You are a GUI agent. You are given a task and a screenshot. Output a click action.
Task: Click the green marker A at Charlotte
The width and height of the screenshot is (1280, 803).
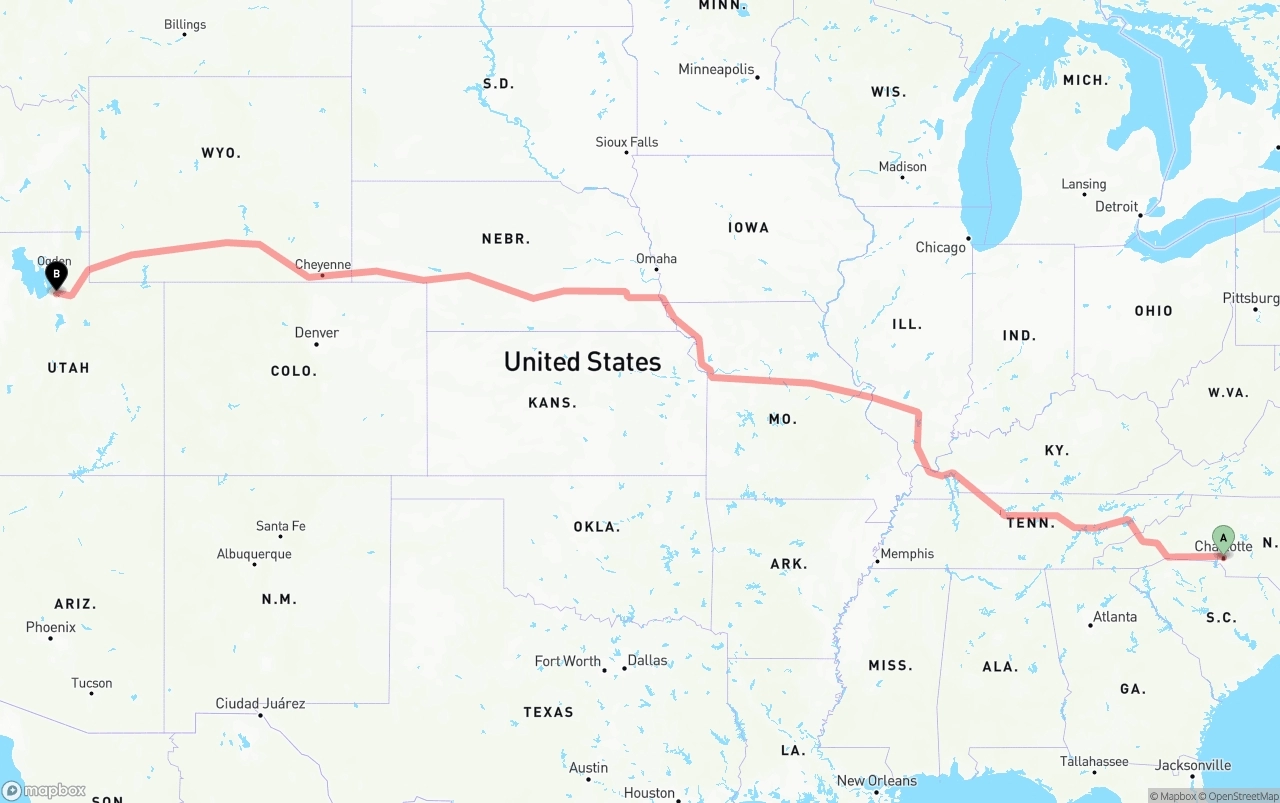pyautogui.click(x=1223, y=538)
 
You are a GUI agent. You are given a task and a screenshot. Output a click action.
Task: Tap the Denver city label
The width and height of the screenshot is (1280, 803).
pyautogui.click(x=316, y=333)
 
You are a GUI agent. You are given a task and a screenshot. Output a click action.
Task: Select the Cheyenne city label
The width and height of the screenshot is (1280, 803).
pyautogui.click(x=322, y=265)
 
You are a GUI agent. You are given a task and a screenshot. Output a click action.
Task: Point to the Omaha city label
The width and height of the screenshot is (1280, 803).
pyautogui.click(x=656, y=259)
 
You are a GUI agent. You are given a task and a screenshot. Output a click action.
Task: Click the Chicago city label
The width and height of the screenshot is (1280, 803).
pyautogui.click(x=941, y=247)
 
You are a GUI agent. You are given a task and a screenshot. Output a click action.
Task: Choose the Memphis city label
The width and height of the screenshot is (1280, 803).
pyautogui.click(x=907, y=554)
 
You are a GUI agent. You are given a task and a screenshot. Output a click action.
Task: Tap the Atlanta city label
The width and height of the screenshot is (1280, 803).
pyautogui.click(x=1114, y=617)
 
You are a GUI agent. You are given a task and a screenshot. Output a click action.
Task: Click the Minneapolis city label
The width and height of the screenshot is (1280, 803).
pyautogui.click(x=716, y=70)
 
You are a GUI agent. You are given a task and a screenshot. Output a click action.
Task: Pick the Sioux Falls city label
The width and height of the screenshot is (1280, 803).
pyautogui.click(x=627, y=142)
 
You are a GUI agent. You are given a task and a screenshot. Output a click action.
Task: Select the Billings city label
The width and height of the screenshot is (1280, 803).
pyautogui.click(x=185, y=25)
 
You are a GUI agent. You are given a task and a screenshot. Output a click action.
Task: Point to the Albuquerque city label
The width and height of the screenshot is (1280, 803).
pyautogui.click(x=254, y=554)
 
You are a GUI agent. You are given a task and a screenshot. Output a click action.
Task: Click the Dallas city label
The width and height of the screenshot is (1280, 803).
pyautogui.click(x=647, y=661)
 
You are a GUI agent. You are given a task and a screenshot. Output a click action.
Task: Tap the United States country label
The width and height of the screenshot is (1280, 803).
pyautogui.click(x=582, y=362)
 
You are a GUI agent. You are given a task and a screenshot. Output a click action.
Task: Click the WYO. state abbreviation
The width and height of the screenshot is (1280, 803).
pyautogui.click(x=221, y=153)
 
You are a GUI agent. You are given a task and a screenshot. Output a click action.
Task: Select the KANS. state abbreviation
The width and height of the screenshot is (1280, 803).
pyautogui.click(x=552, y=403)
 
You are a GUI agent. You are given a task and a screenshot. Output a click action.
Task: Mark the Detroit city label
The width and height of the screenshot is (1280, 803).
pyautogui.click(x=1116, y=207)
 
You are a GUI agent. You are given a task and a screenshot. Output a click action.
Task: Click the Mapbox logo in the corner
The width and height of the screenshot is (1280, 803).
pyautogui.click(x=44, y=790)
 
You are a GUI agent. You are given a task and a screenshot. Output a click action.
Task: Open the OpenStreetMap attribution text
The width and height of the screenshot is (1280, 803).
pyautogui.click(x=1241, y=796)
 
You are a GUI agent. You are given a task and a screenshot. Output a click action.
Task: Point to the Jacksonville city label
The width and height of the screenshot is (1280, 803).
pyautogui.click(x=1193, y=765)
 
